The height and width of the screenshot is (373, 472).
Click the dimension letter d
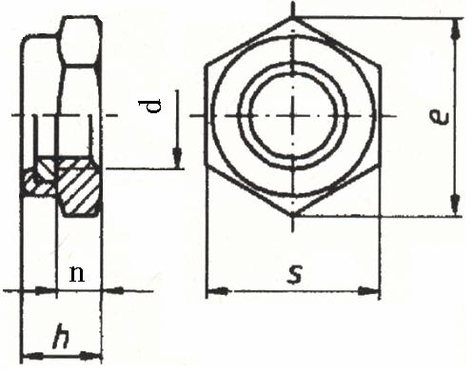[x=149, y=106]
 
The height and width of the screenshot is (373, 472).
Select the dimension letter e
[x=439, y=116]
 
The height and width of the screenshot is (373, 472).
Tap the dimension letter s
[x=295, y=274]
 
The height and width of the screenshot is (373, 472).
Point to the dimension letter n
[x=77, y=274]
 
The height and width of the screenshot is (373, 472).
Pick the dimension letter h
[x=60, y=336]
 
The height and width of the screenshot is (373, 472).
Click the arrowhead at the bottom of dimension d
[x=177, y=158]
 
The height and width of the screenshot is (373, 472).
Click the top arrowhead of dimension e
[x=456, y=29]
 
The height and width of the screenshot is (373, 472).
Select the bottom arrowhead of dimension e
[x=456, y=205]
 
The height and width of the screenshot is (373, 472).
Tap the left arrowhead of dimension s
[x=217, y=290]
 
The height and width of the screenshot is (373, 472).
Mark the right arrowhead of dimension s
[x=369, y=290]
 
